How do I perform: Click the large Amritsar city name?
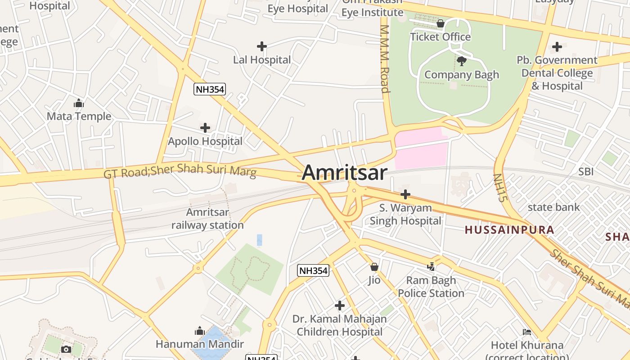pos(344,173)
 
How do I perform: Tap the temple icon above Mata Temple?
pos(79,103)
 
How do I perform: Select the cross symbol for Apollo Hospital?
pos(205,128)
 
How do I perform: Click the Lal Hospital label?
pos(262,59)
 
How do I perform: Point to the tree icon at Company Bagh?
pos(461,61)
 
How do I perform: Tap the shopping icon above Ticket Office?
pos(441,23)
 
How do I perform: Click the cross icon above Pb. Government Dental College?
pos(557,46)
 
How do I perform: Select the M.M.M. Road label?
pos(384,58)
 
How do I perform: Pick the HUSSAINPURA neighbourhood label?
pos(509,230)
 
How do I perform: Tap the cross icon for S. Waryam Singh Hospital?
pos(405,194)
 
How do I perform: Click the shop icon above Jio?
pos(374,267)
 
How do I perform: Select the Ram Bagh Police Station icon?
pos(431,267)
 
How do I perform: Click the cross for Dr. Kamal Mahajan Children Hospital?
pos(340,306)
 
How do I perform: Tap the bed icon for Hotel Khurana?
pos(527,332)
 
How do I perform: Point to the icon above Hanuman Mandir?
pos(200,331)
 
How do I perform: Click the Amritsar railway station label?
pos(207,218)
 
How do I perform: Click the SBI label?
pos(586,171)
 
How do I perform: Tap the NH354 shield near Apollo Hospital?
pos(209,89)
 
